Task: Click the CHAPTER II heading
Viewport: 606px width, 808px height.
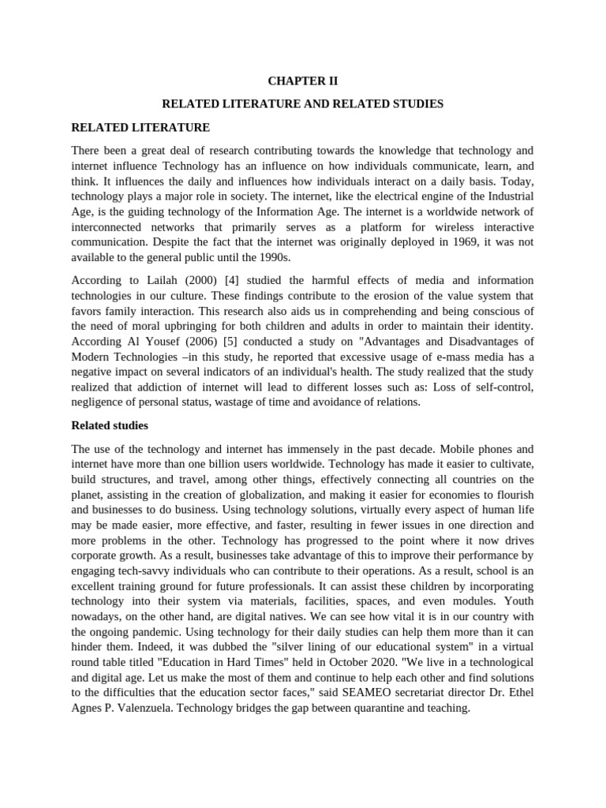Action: coord(303,80)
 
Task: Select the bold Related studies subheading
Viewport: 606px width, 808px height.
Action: coord(110,425)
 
